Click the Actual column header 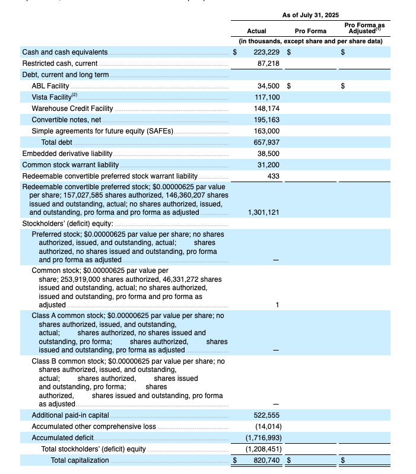point(256,31)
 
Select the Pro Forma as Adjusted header point(364,27)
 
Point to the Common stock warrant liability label point(71,164)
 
